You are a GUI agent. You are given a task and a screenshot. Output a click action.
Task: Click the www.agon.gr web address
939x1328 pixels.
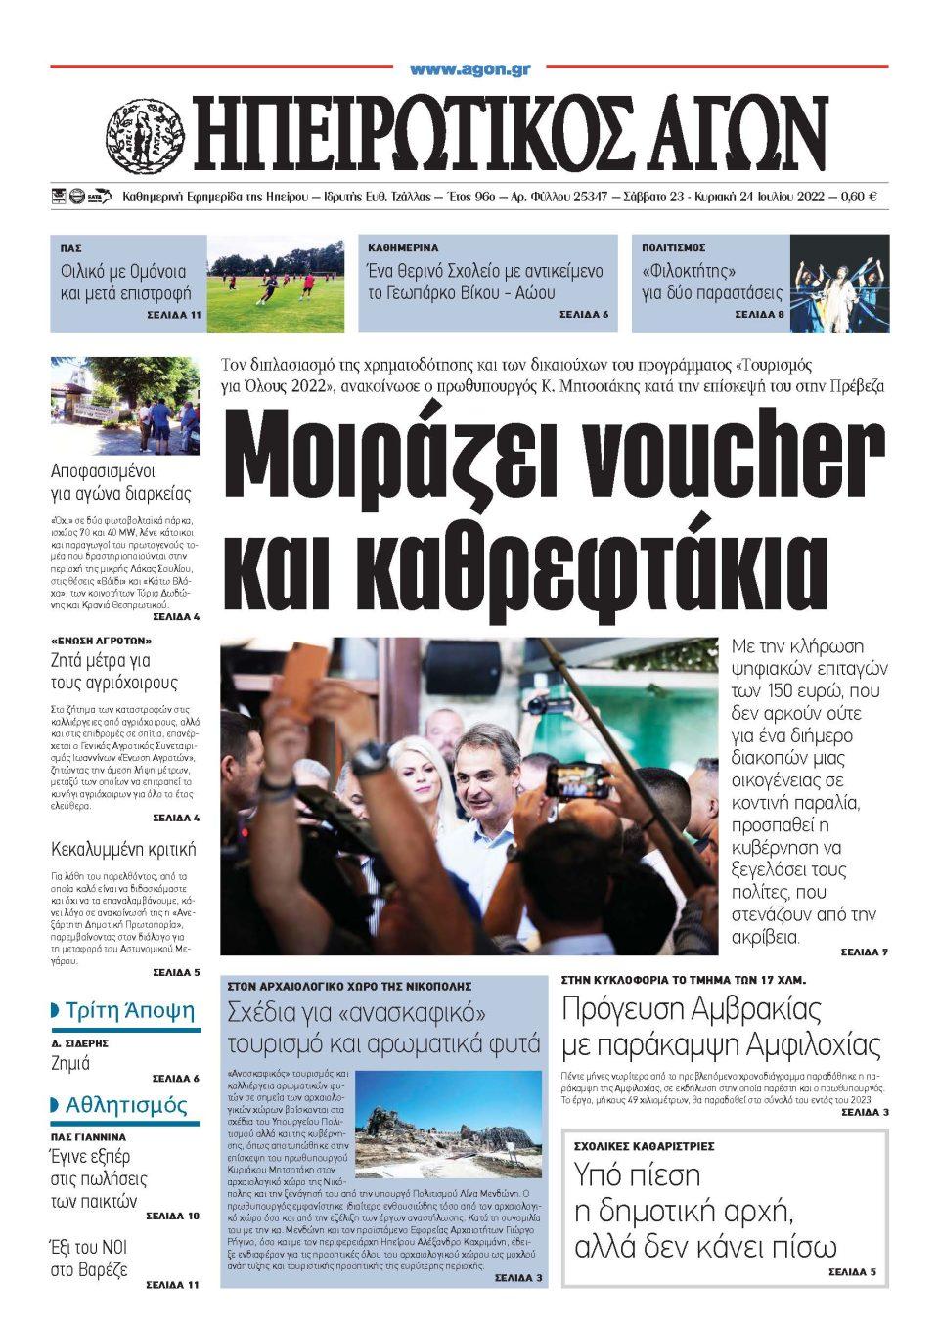click(469, 69)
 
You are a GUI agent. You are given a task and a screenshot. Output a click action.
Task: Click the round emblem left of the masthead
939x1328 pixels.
click(144, 135)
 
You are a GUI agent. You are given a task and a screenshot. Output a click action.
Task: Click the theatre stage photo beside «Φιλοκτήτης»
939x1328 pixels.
click(839, 284)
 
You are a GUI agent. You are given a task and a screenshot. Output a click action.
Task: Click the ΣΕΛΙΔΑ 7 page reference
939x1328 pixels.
click(864, 952)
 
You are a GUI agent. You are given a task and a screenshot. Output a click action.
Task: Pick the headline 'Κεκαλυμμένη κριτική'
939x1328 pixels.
click(123, 848)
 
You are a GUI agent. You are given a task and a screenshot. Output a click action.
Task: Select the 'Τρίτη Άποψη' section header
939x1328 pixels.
click(129, 1011)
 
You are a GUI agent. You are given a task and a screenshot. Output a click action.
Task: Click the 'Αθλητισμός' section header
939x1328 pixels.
click(125, 1105)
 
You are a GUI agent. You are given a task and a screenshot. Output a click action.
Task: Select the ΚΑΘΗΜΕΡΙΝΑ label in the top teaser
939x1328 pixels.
click(403, 248)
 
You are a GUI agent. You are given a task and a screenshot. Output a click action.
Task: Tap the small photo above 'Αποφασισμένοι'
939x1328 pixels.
click(124, 406)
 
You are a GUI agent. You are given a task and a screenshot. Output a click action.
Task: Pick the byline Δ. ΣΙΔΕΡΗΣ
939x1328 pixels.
click(79, 1043)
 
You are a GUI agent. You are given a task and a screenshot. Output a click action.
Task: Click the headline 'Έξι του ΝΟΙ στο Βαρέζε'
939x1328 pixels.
click(89, 1258)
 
